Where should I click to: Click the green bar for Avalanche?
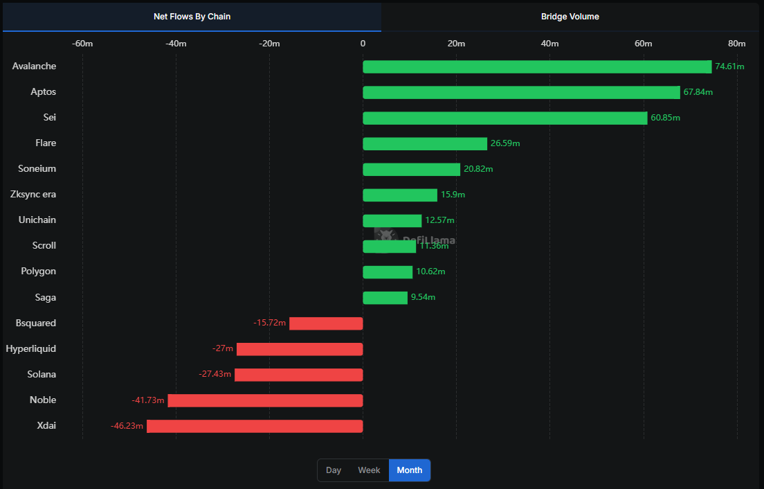tap(537, 66)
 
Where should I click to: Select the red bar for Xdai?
tap(255, 426)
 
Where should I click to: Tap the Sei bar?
tap(505, 118)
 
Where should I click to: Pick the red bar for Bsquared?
tap(326, 323)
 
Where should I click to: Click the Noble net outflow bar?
tap(265, 400)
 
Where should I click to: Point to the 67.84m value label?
tap(698, 92)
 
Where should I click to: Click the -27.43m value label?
tap(215, 375)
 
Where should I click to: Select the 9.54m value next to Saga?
tap(423, 297)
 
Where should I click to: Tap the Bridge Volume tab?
tap(570, 17)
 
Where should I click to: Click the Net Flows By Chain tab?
tap(192, 17)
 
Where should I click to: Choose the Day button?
tap(334, 470)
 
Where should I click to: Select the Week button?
tap(369, 470)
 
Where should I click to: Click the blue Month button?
tap(410, 470)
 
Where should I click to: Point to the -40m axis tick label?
tap(176, 44)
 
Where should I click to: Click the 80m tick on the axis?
tap(736, 44)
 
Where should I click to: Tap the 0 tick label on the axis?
tap(363, 44)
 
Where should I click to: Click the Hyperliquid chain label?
tap(31, 348)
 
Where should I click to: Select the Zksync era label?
tap(33, 195)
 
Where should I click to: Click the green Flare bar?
tap(425, 143)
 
